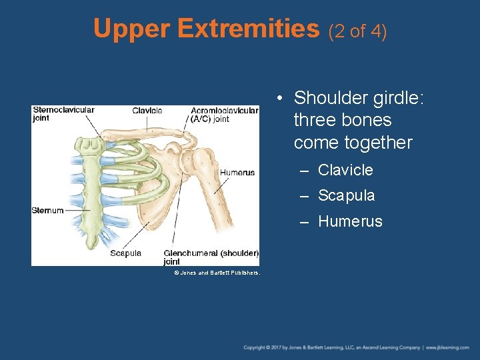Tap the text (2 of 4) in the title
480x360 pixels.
pos(358,31)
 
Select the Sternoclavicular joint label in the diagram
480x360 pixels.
pos(63,114)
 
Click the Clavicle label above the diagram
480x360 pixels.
pos(147,110)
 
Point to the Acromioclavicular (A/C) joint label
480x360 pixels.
pos(224,115)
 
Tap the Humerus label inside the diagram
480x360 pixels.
pos(237,173)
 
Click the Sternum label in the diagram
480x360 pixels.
pos(47,211)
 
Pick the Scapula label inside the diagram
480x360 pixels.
pos(125,253)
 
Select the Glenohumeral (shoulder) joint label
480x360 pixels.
pos(211,257)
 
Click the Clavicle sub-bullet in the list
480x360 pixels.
pos(345,170)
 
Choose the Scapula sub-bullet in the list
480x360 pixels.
pos(346,196)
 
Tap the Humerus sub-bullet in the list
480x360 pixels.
pos(350,222)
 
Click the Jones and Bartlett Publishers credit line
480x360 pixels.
pos(217,273)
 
